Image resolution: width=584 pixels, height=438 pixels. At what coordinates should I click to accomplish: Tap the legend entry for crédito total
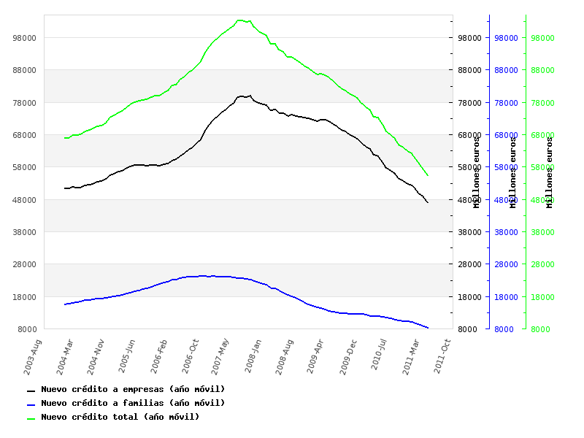click(120, 418)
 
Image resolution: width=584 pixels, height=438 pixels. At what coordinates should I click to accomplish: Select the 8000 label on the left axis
click(27, 329)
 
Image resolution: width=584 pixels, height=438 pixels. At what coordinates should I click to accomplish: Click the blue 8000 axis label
click(504, 329)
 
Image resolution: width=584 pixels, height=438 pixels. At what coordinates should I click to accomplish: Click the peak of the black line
click(250, 95)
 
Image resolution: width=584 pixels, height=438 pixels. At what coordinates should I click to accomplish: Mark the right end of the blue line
click(428, 328)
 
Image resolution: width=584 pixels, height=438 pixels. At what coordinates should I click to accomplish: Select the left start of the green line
click(64, 138)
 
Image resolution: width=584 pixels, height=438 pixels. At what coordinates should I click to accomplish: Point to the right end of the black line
click(428, 202)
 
